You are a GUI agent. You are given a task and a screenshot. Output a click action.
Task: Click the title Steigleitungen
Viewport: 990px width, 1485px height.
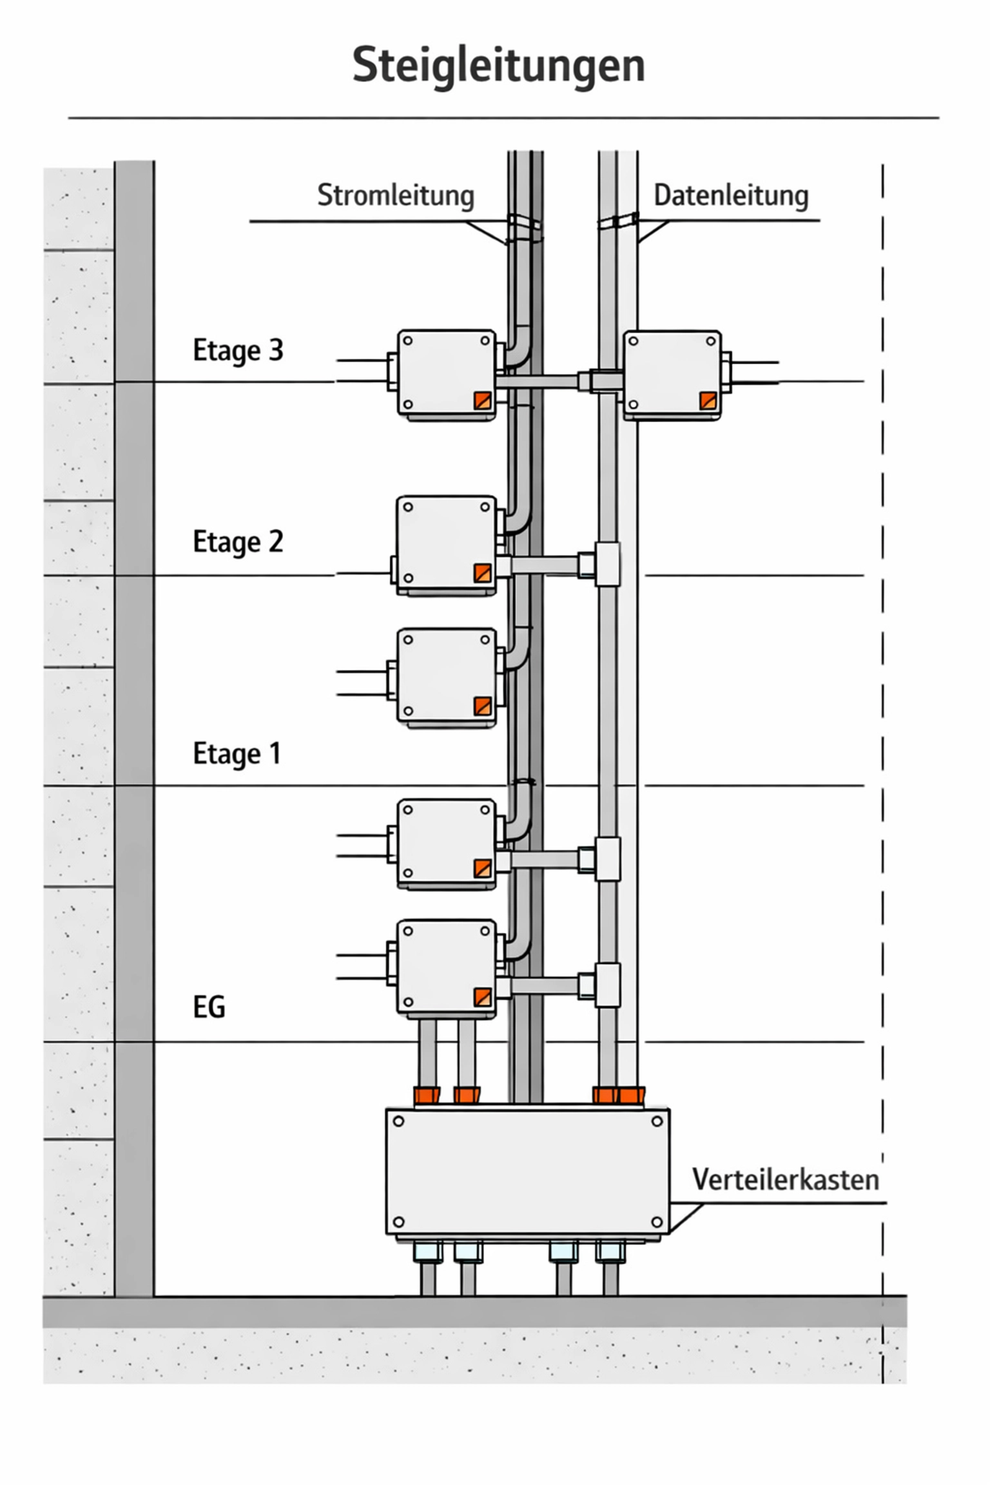pos(498,65)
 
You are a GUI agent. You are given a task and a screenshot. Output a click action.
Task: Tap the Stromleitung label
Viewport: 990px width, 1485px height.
pos(395,195)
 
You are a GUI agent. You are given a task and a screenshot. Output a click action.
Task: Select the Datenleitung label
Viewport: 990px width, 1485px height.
pos(731,195)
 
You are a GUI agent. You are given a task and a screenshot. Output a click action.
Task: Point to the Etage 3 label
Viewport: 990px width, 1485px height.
pos(238,351)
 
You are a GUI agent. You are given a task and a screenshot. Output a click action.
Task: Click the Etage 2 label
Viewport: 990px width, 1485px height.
pos(238,541)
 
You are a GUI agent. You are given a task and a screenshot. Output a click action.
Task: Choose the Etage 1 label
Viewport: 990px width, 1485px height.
pos(237,753)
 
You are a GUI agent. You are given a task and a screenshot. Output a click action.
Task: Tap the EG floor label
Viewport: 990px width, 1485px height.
pos(209,1007)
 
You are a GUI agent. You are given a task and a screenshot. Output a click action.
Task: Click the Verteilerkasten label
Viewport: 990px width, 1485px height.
pos(785,1179)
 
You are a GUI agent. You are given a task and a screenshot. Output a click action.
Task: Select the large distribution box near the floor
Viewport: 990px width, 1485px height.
pos(527,1171)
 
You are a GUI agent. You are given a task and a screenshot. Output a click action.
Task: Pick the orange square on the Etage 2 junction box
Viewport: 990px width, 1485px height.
pos(482,572)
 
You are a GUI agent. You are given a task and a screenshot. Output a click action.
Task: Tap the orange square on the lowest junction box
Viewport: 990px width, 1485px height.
pos(482,996)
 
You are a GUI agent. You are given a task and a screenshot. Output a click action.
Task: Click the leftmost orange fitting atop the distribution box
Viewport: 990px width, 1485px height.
pos(427,1094)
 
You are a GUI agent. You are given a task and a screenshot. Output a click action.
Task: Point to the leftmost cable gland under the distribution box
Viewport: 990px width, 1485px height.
pos(427,1252)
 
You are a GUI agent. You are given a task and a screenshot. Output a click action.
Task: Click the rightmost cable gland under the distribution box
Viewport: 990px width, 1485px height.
pos(610,1252)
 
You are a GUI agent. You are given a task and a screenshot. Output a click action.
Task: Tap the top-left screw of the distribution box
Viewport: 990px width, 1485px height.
pos(398,1121)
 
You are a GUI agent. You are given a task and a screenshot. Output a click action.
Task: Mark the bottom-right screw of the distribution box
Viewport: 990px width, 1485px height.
pos(657,1222)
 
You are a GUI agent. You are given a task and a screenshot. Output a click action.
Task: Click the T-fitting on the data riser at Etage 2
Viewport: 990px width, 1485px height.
pos(607,564)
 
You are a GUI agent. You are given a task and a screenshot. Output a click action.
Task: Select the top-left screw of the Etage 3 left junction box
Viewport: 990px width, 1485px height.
pos(408,342)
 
